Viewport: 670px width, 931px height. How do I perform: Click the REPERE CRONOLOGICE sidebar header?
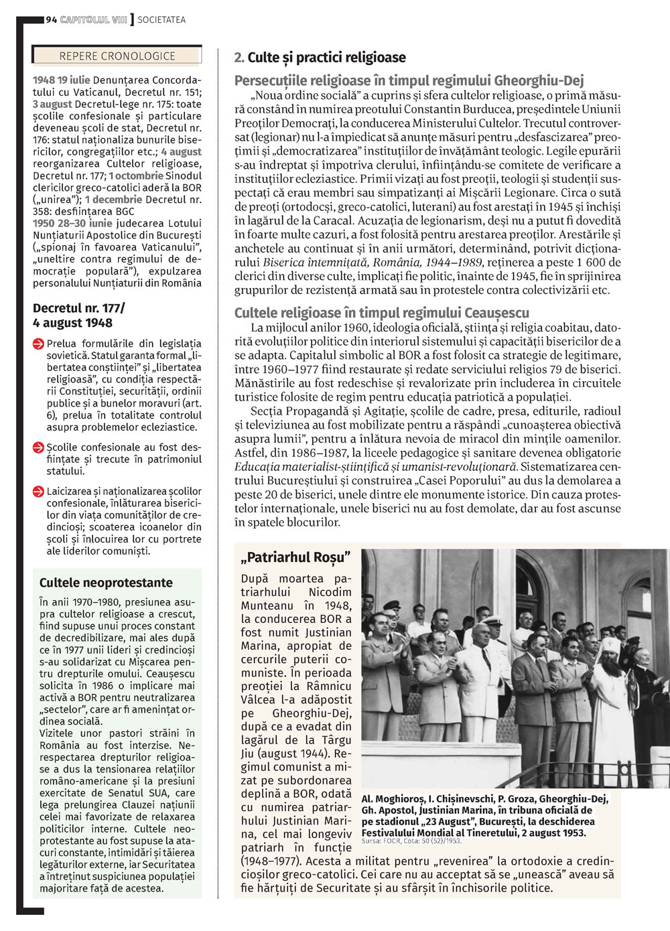(x=117, y=56)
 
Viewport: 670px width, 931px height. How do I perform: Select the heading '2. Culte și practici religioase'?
(x=320, y=58)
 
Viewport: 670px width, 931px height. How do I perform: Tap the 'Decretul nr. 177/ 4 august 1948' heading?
(x=78, y=315)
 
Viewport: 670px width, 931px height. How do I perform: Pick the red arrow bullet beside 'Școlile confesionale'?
(x=39, y=447)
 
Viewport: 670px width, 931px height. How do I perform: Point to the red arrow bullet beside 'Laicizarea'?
(x=39, y=492)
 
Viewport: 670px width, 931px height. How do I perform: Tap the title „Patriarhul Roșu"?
(x=295, y=557)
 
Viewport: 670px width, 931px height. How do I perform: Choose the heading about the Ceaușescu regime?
(x=382, y=313)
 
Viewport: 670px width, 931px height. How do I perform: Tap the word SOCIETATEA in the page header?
(x=161, y=20)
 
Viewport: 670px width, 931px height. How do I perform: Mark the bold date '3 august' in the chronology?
(x=52, y=104)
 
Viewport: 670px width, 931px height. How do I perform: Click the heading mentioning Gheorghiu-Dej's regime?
(x=409, y=81)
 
